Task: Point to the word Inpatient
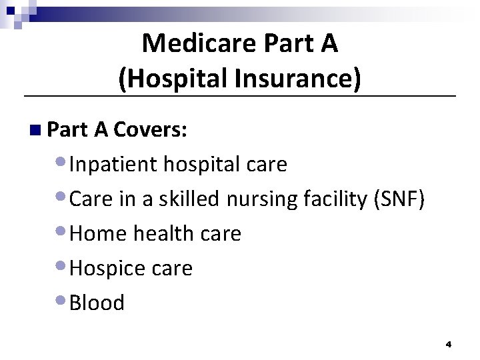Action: tap(114, 164)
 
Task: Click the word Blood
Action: tap(97, 303)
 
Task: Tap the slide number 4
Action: tap(449, 345)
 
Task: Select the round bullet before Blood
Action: tap(61, 301)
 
